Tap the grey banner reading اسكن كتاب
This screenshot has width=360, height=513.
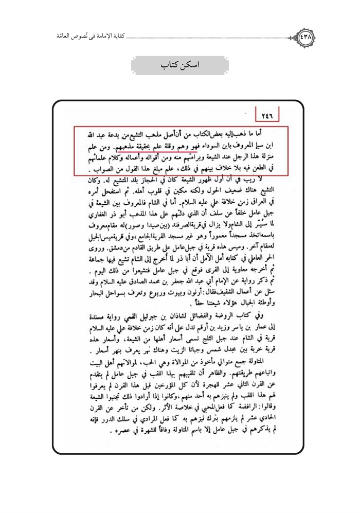click(x=179, y=65)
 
